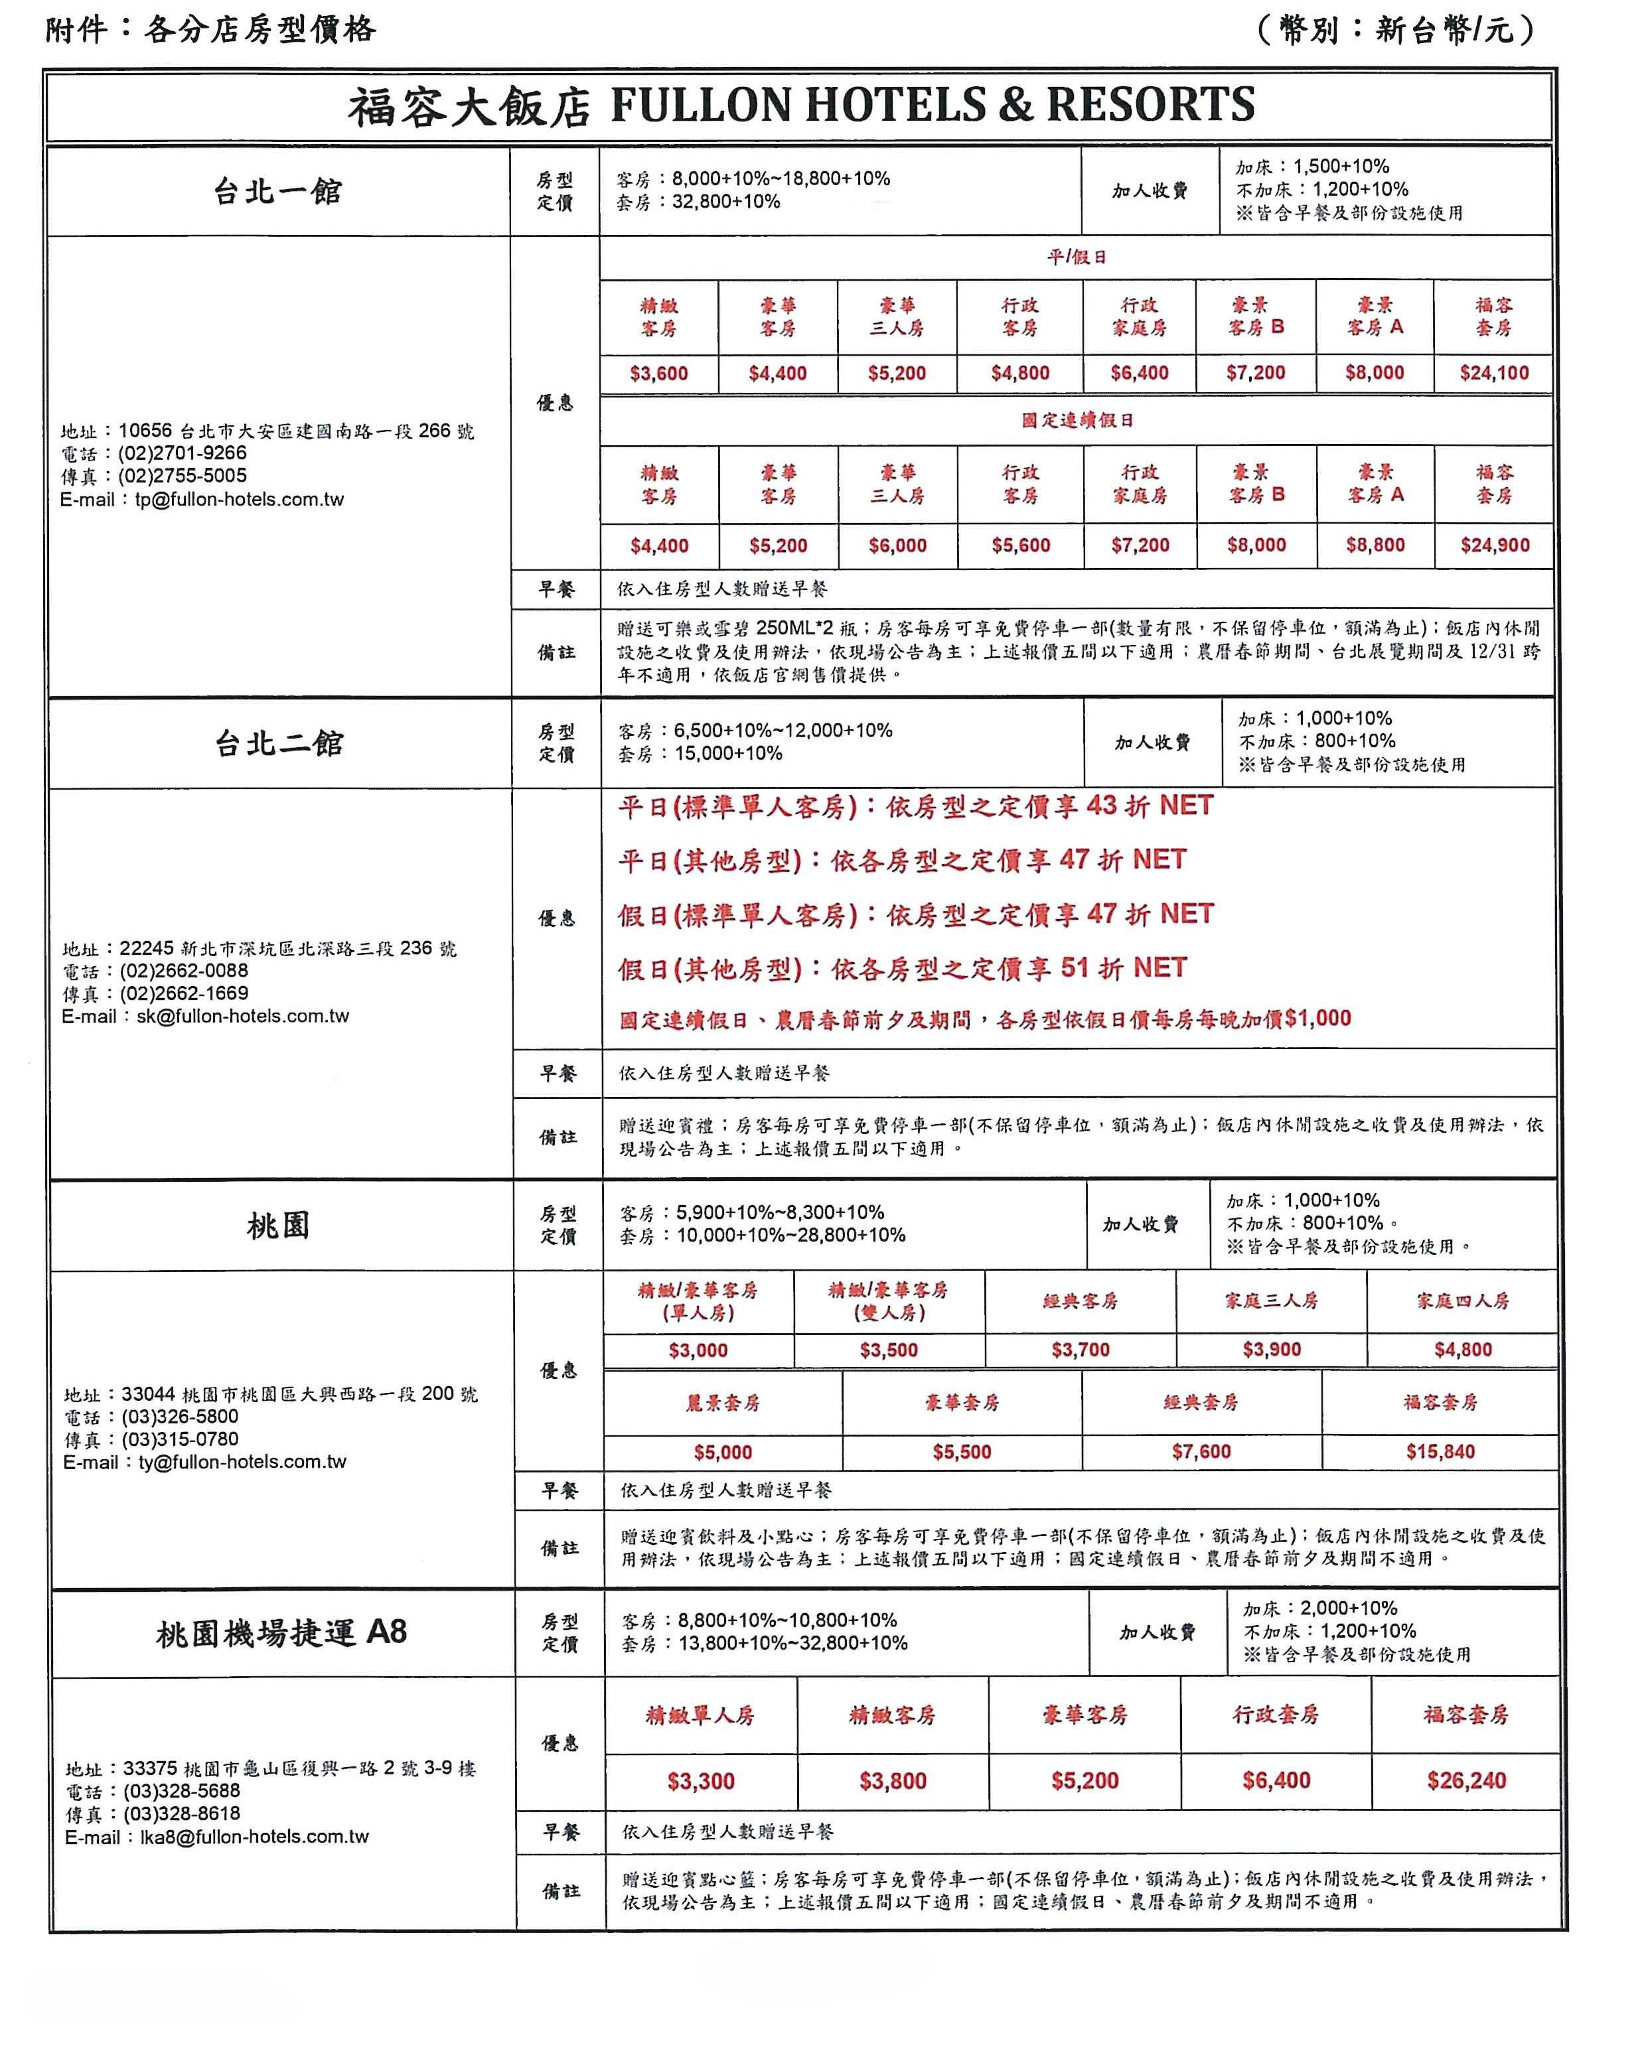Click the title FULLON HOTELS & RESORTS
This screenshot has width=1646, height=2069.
931,105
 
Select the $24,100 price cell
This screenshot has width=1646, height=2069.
1493,374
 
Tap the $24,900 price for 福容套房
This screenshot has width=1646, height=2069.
1495,545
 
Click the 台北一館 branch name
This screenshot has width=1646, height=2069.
277,191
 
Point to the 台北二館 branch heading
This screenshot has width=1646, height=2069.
278,743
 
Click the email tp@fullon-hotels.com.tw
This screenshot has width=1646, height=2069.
239,499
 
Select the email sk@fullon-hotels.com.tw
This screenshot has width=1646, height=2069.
243,1017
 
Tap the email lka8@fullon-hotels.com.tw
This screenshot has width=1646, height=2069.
254,1837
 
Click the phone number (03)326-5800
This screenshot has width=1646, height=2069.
179,1417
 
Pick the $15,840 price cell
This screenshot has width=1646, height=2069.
1440,1452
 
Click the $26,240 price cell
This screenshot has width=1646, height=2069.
1465,1781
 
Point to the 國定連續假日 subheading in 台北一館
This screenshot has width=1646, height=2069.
1077,420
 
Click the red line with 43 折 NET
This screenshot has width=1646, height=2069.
915,806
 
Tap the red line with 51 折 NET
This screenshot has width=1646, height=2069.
902,968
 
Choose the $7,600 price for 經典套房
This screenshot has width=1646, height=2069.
1201,1452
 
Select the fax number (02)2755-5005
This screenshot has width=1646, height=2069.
183,476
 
